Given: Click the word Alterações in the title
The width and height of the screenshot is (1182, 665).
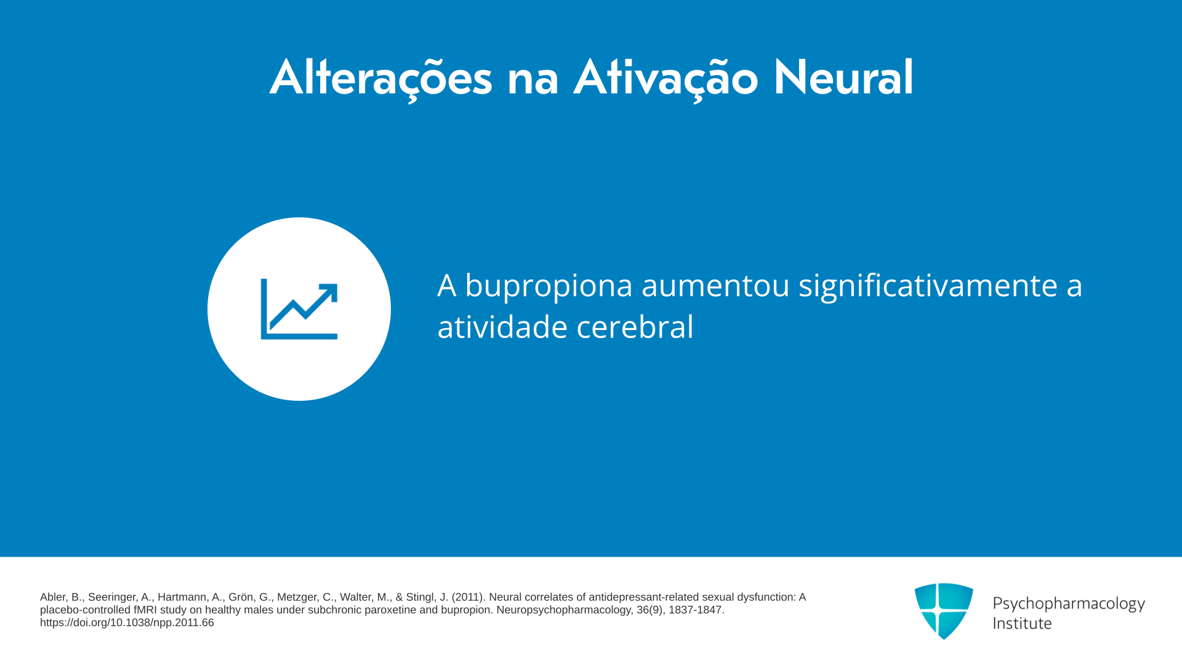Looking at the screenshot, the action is [x=381, y=79].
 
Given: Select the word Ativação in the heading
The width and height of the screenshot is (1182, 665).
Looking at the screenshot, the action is [x=666, y=79].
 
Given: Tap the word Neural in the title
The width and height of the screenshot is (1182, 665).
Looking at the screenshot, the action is [x=843, y=78].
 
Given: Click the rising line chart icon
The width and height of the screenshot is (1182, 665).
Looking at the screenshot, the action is [x=299, y=309].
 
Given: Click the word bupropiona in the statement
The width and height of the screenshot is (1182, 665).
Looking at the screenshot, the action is [x=549, y=286].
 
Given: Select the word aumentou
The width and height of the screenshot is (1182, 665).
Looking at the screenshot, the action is [x=715, y=286].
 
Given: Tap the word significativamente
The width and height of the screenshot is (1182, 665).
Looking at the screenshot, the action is [x=928, y=286].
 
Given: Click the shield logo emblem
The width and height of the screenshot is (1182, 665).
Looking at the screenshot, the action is [x=944, y=611].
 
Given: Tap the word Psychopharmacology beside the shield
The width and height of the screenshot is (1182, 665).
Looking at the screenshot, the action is [x=1069, y=604].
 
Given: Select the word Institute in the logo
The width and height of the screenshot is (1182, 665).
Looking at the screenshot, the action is [x=1022, y=623].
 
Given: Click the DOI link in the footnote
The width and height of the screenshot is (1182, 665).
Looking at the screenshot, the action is [x=127, y=623].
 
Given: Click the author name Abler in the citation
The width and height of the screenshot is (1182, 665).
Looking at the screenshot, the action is [x=54, y=597].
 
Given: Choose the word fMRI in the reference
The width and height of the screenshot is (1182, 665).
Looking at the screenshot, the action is [x=145, y=610].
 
